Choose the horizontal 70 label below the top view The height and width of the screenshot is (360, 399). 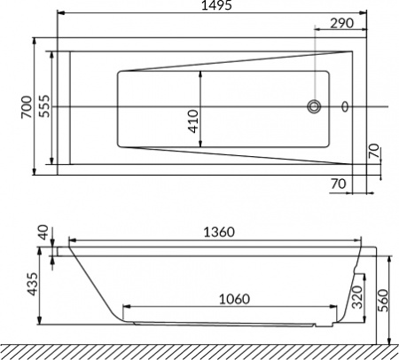(x=337, y=184)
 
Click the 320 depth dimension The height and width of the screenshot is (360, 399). (x=356, y=297)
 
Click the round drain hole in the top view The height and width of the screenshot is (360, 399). (x=315, y=107)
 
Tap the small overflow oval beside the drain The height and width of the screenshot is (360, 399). (x=346, y=107)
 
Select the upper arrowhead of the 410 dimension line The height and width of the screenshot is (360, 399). (x=203, y=74)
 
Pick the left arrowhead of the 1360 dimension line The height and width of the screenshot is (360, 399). (x=74, y=240)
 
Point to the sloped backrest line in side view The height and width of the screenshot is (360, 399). (x=93, y=283)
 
